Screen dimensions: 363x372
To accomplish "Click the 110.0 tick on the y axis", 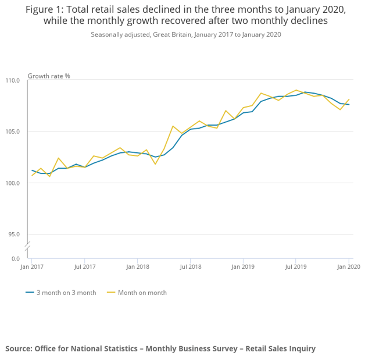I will pos(13,80).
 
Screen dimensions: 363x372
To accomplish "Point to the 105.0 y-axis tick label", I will pos(13,131).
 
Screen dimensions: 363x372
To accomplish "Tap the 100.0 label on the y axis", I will pos(13,183).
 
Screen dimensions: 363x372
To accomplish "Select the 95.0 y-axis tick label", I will pos(15,234).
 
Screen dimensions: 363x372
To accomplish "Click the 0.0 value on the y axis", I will pos(16,258).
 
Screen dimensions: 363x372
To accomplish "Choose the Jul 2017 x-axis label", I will pos(85,266).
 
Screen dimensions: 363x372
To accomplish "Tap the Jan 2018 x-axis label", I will pos(137,266).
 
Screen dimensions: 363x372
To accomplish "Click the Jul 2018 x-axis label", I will pos(191,266).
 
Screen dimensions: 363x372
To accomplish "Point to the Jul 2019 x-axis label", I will pos(296,266).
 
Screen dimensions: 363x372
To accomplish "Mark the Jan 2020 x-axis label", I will pos(348,266).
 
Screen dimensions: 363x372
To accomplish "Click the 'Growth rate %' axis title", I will pos(49,76).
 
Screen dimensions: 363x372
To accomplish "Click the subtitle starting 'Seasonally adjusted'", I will pos(185,34).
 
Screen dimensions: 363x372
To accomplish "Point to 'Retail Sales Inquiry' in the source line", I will pos(280,348).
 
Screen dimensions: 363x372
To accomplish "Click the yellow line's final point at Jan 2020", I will pos(349,99).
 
